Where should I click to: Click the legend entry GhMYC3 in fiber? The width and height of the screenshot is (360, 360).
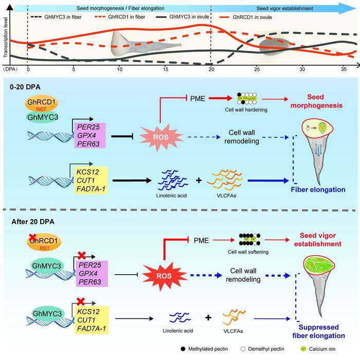(x=56, y=17)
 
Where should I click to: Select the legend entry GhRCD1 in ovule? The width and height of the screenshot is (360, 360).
(x=245, y=17)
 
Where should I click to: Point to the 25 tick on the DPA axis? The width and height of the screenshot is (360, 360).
(x=257, y=69)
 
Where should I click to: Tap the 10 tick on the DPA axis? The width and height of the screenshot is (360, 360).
(x=120, y=69)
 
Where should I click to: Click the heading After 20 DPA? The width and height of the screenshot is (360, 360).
(x=33, y=222)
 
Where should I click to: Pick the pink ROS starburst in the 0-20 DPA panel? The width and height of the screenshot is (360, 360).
(x=161, y=137)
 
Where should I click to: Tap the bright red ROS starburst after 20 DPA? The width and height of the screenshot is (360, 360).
(x=165, y=276)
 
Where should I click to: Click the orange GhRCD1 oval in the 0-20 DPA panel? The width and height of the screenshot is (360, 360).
(x=41, y=103)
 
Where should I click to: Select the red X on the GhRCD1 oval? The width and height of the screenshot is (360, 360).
(x=32, y=238)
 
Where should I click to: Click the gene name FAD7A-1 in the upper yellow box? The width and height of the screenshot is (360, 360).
(x=91, y=189)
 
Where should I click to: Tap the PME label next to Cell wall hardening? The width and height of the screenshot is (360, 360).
(x=197, y=99)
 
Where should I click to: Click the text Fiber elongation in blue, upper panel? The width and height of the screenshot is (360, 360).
(x=318, y=190)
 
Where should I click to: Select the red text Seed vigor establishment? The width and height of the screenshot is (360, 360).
(x=318, y=240)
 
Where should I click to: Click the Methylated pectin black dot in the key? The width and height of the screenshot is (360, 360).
(x=183, y=349)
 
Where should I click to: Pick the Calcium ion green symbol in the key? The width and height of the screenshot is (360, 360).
(x=303, y=349)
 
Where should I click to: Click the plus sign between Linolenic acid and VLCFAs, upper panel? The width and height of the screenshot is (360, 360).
(x=199, y=180)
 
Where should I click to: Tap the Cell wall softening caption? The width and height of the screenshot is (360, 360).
(x=248, y=252)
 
